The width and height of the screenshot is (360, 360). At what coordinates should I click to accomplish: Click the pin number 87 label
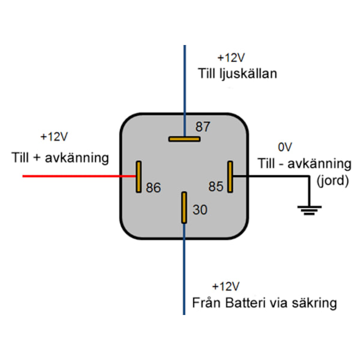coord(203,127)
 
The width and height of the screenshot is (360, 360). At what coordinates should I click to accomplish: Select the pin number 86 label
coord(154,188)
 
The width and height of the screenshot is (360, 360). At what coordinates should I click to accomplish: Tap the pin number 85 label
coord(216,187)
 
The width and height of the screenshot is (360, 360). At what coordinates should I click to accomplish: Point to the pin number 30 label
coord(199,210)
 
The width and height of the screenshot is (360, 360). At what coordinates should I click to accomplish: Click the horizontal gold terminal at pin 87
coord(184,139)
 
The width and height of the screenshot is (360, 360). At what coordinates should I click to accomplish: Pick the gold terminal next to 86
coord(139,176)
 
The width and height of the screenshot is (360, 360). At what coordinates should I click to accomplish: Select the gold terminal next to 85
coord(230,176)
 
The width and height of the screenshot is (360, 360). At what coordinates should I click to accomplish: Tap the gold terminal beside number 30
coord(184,208)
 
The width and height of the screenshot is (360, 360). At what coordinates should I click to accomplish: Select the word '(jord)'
coord(332,180)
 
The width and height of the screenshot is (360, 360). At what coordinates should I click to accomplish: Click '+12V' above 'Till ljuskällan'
coord(231,58)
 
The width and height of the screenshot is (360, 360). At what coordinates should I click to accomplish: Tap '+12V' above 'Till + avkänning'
coord(55,137)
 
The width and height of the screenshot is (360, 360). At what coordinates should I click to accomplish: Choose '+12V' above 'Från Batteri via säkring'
coord(226,286)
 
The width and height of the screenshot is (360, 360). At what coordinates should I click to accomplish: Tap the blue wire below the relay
coord(184,276)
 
